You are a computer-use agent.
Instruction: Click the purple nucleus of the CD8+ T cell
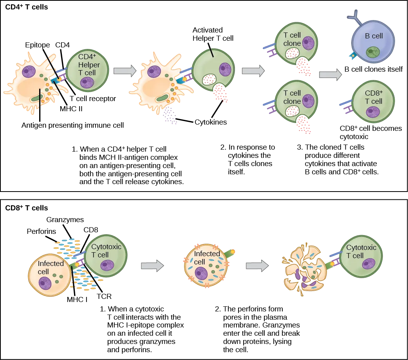[370, 112]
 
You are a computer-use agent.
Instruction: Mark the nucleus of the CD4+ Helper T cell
[87, 83]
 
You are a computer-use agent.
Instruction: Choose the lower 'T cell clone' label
[292, 97]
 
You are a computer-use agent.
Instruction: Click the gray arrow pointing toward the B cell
[328, 74]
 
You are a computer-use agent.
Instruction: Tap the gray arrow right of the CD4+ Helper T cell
[124, 71]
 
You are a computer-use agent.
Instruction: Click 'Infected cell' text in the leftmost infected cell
[50, 267]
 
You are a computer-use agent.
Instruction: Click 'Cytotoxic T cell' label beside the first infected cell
[106, 250]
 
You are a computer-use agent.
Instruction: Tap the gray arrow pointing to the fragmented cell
[256, 265]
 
